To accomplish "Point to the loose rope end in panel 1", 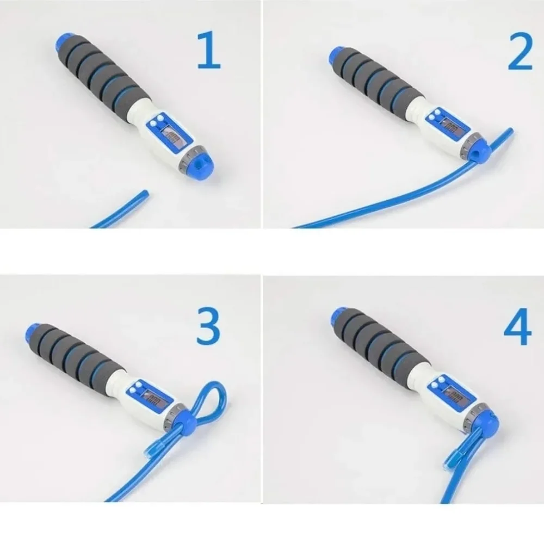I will (143, 194).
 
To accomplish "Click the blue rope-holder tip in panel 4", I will (484, 422).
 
